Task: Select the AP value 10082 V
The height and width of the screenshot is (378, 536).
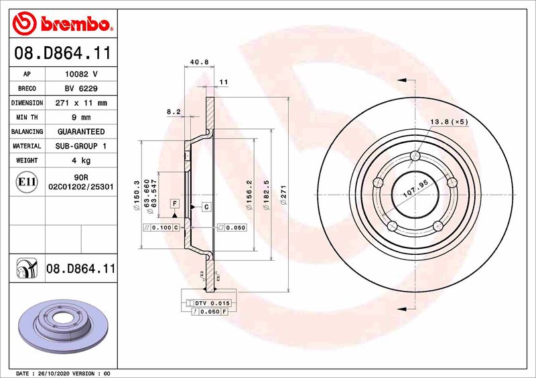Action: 80,74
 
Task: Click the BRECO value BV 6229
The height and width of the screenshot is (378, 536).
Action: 80,88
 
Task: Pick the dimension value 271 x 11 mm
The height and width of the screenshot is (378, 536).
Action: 80,103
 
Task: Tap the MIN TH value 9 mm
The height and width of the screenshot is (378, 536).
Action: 80,117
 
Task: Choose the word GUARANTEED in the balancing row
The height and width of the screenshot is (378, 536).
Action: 80,132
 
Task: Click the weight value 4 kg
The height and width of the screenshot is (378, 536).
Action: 80,161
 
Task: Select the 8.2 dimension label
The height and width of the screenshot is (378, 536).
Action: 174,112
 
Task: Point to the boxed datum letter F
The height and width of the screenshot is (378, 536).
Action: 174,203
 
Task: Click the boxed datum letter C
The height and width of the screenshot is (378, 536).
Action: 206,207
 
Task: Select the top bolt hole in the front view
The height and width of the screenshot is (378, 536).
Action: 414,157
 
